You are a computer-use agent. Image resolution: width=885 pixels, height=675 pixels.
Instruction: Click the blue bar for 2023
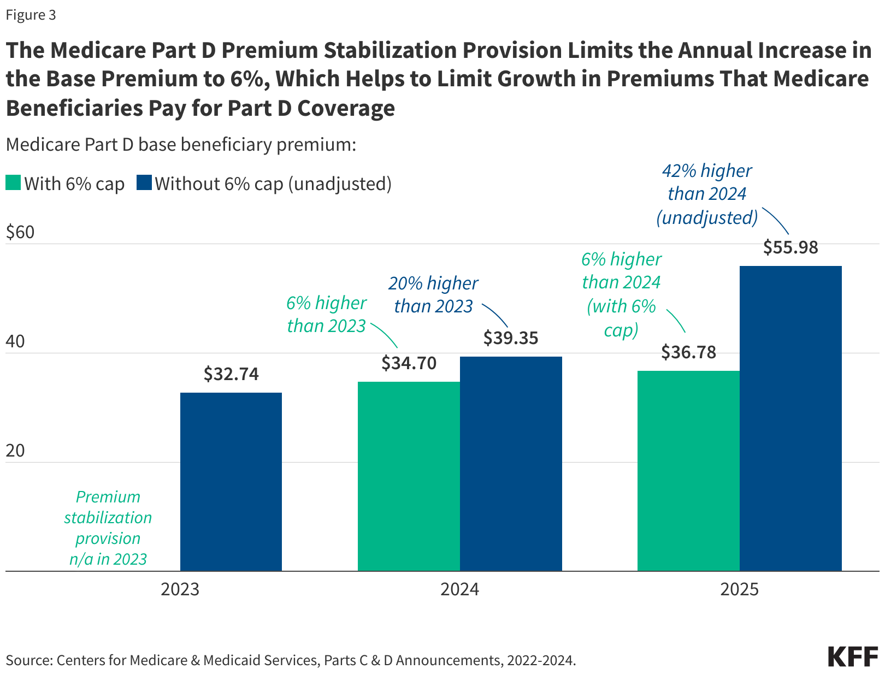(231, 482)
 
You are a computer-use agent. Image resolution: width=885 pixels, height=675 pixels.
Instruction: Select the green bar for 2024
(409, 476)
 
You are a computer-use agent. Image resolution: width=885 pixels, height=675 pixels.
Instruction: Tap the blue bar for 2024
(511, 464)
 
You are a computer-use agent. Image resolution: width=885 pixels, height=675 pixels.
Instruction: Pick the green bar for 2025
(688, 471)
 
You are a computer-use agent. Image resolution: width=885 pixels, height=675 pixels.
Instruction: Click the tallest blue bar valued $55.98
(790, 418)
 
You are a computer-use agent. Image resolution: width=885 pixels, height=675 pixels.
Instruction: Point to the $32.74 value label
(231, 374)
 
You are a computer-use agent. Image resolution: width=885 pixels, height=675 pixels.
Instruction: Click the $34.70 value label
(409, 363)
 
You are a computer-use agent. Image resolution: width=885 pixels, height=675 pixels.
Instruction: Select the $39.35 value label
(511, 338)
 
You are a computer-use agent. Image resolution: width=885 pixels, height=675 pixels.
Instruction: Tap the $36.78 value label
(688, 352)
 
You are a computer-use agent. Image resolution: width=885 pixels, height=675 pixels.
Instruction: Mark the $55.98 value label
(790, 247)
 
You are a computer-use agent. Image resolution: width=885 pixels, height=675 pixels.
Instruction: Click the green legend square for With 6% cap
(13, 183)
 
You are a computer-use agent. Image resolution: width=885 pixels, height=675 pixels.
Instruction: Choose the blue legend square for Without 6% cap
(144, 183)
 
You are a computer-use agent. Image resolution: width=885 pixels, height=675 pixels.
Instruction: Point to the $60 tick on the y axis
(20, 233)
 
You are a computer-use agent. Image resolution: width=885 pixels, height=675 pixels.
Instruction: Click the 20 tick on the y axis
(15, 451)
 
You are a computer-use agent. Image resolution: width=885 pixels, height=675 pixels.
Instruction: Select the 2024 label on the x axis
(459, 590)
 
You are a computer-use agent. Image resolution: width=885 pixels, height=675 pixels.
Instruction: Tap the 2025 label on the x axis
(739, 590)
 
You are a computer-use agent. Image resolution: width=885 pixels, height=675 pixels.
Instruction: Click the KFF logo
(852, 656)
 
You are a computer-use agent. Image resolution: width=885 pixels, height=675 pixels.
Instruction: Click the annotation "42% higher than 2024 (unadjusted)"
(707, 194)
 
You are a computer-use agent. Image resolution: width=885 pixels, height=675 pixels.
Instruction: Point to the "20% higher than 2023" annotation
(433, 295)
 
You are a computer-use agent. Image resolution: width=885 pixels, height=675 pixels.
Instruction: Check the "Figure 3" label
(31, 15)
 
